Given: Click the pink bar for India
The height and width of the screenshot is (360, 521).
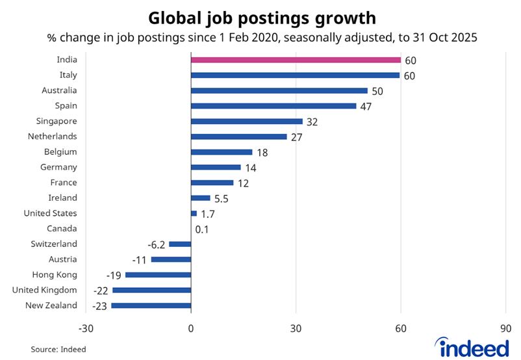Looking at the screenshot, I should click(x=296, y=60).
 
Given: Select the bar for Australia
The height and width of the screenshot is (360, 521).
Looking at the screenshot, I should click(x=279, y=91).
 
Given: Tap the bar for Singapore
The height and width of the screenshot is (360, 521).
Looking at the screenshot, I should click(x=247, y=122).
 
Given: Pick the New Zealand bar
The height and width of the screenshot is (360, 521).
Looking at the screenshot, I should click(x=151, y=305).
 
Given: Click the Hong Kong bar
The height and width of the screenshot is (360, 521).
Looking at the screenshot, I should click(x=159, y=275).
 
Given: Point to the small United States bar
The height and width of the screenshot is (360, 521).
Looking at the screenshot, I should click(x=194, y=213).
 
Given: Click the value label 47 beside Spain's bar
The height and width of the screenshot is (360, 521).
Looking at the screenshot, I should click(x=367, y=106).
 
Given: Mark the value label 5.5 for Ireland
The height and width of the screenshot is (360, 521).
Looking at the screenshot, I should click(x=222, y=198).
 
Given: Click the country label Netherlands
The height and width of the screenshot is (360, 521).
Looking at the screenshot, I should click(x=53, y=136).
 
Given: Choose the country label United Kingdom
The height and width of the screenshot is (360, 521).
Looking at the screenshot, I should click(x=45, y=290).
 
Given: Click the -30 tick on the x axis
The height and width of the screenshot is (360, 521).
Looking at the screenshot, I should click(x=85, y=328).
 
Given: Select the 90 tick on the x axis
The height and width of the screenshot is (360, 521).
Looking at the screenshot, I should click(x=506, y=328).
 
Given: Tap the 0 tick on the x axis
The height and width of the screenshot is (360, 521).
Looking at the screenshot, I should click(x=191, y=328).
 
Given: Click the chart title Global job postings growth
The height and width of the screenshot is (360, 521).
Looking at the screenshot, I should click(x=260, y=17).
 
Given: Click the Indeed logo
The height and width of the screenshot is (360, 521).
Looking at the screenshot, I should click(x=473, y=346).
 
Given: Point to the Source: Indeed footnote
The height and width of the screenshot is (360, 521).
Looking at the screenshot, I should click(x=58, y=350).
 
